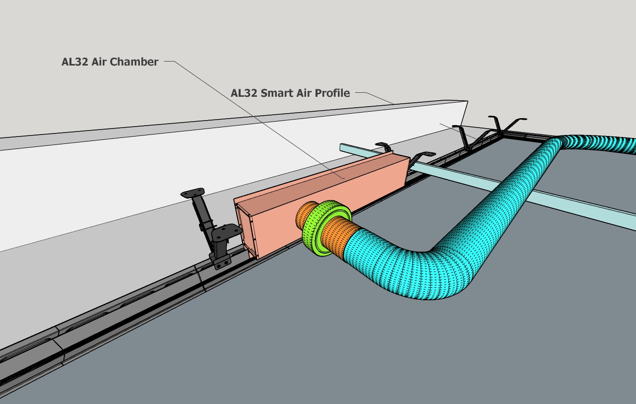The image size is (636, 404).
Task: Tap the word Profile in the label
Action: click(x=333, y=93)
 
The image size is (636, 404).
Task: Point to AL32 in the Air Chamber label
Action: click(x=75, y=62)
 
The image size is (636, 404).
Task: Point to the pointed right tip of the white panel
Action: click(x=466, y=102)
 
